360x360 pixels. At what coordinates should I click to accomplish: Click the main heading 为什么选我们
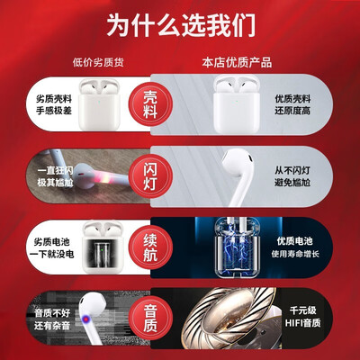coord(181,25)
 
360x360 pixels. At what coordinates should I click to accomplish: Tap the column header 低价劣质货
coord(98,62)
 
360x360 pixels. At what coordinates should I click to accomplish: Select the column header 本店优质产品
coord(237,62)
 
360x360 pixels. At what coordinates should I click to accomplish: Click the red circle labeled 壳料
coord(150,104)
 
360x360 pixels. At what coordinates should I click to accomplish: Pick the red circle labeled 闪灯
coord(150,176)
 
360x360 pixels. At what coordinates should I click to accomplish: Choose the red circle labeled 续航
coord(150,247)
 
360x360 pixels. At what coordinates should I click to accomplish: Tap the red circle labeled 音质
coord(150,318)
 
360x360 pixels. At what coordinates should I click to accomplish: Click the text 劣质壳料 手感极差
coord(54,104)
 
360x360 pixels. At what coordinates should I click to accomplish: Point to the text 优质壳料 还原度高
coord(292,104)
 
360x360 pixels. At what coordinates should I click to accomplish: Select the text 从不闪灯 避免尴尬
coord(292,176)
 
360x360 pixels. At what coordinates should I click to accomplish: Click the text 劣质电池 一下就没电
coord(51,247)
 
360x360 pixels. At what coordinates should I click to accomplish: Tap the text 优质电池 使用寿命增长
coord(295,247)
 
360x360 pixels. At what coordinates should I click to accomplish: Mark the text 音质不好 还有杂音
coord(52,319)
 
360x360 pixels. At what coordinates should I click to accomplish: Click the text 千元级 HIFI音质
coord(302,317)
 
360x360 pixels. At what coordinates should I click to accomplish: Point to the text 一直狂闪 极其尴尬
coord(55,176)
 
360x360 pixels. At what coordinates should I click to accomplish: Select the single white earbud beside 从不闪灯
coord(238,174)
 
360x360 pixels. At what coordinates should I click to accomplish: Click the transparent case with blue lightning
coord(237,247)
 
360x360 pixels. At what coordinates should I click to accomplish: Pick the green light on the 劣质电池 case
coord(103,249)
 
